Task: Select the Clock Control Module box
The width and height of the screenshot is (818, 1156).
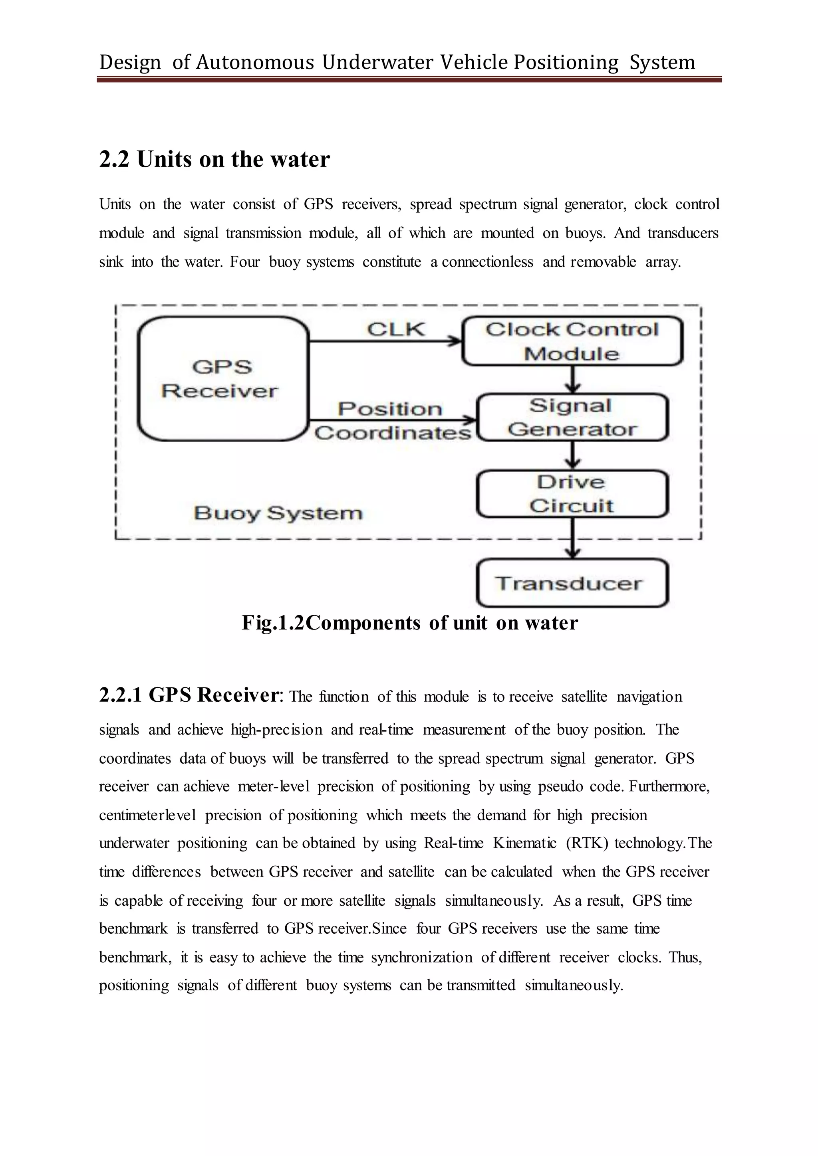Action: pyautogui.click(x=572, y=341)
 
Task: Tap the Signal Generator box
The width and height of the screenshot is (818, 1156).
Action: pyautogui.click(x=572, y=418)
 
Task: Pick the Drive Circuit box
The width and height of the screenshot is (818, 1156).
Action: pyautogui.click(x=572, y=494)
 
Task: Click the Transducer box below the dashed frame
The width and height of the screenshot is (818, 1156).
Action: pyautogui.click(x=572, y=583)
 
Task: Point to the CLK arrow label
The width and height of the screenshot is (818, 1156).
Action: pyautogui.click(x=396, y=329)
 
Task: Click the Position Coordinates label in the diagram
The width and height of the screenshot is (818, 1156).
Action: pyautogui.click(x=392, y=421)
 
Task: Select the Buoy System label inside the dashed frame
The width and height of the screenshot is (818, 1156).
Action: pyautogui.click(x=278, y=513)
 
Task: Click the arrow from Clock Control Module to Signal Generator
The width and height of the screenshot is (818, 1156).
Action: pyautogui.click(x=573, y=380)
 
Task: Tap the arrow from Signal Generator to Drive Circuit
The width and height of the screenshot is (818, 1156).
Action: pyautogui.click(x=573, y=455)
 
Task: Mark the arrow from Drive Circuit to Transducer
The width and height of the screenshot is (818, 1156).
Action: pyautogui.click(x=573, y=538)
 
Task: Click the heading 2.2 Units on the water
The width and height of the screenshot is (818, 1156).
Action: pyautogui.click(x=214, y=159)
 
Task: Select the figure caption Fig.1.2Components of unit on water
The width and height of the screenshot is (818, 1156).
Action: pyautogui.click(x=409, y=623)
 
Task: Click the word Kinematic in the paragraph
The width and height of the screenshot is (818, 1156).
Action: pyautogui.click(x=524, y=843)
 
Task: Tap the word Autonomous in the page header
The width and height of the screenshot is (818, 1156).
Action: pyautogui.click(x=255, y=62)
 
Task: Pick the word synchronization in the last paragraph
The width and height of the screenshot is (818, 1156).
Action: pyautogui.click(x=422, y=957)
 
